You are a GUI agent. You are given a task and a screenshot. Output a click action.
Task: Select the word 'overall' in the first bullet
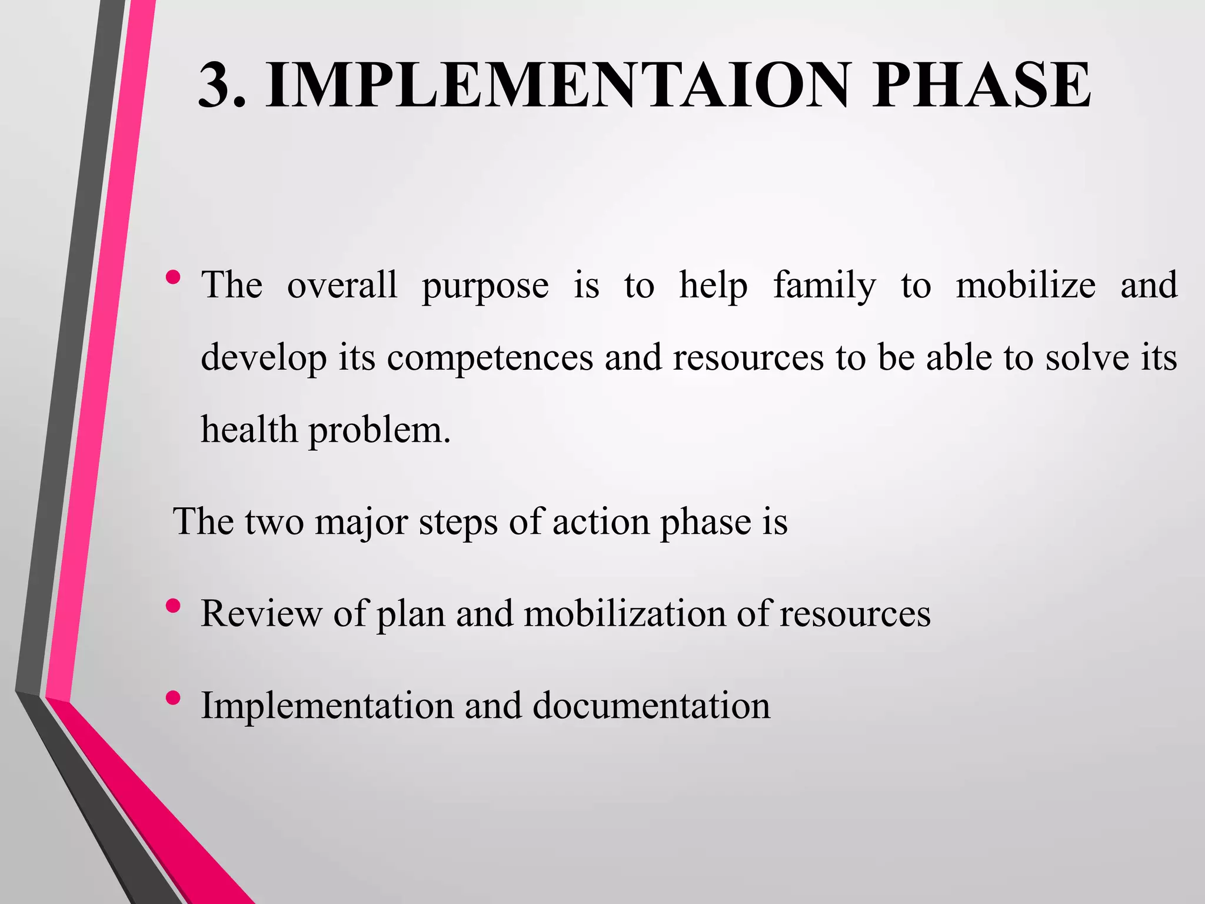pyautogui.click(x=342, y=285)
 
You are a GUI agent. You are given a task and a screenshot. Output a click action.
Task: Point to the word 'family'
pyautogui.click(x=824, y=287)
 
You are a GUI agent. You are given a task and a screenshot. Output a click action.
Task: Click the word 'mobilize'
pyautogui.click(x=1026, y=285)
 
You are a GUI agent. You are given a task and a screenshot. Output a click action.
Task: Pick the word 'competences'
pyautogui.click(x=490, y=358)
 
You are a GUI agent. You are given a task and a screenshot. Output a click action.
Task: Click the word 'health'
pyautogui.click(x=249, y=430)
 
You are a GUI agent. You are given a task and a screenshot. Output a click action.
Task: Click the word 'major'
pyautogui.click(x=361, y=523)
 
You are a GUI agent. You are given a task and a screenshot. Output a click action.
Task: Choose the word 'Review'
pyautogui.click(x=261, y=614)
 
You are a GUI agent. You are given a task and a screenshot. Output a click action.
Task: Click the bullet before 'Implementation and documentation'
pyautogui.click(x=173, y=697)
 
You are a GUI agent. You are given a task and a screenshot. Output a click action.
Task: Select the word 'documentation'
pyautogui.click(x=651, y=706)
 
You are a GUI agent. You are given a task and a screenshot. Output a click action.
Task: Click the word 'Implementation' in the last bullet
pyautogui.click(x=327, y=707)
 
